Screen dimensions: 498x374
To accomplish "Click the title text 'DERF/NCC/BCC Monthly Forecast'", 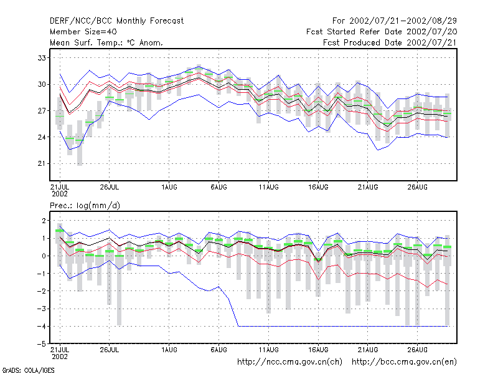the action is (x=116, y=21).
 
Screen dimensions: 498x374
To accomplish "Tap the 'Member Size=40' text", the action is (x=83, y=32).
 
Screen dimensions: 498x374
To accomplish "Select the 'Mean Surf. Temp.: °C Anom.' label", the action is (x=106, y=42).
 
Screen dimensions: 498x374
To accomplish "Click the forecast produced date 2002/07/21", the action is (x=431, y=42).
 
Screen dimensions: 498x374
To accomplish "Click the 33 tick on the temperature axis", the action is (x=42, y=58).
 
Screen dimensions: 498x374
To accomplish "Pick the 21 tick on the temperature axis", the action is (x=42, y=163).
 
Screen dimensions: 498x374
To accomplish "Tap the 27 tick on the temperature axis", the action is (x=42, y=111).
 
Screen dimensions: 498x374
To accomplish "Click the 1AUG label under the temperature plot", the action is (x=169, y=187).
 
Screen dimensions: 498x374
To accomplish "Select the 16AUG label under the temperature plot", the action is (x=318, y=187).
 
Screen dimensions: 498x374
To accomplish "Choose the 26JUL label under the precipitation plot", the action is (x=110, y=350).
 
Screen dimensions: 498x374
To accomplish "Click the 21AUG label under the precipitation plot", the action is (x=368, y=350).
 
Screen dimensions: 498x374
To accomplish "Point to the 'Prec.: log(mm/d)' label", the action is (x=85, y=206).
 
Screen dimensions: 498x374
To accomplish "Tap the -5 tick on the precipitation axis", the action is (x=41, y=344).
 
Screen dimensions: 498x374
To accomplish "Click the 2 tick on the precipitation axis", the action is (x=44, y=221).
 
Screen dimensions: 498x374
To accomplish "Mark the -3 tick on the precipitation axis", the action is (x=41, y=309).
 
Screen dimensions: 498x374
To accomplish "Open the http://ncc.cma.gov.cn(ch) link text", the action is (x=289, y=362).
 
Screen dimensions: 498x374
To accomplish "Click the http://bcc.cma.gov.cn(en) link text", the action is (x=404, y=362).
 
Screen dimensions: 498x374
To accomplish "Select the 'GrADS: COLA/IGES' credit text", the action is (x=28, y=370).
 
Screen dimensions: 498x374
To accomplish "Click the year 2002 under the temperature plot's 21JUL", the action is (x=60, y=194).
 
